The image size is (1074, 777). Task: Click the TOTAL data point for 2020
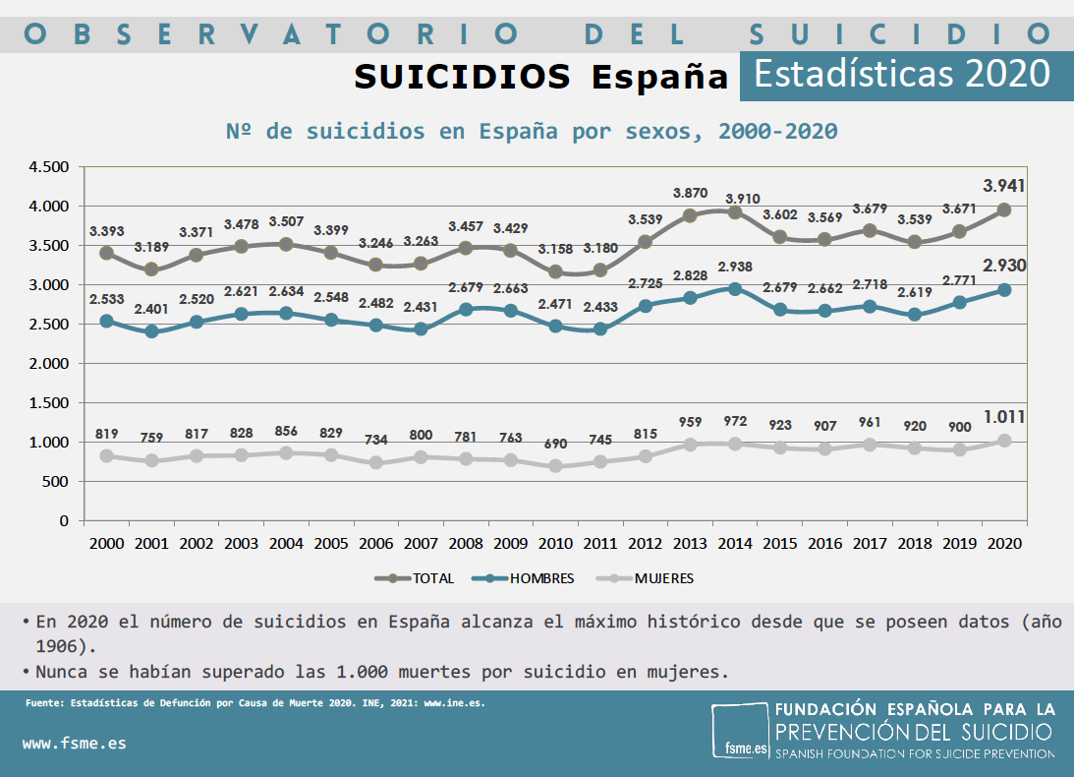pyautogui.click(x=1003, y=209)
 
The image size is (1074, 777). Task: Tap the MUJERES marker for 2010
pyautogui.click(x=556, y=465)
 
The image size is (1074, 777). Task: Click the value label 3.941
pyautogui.click(x=1002, y=186)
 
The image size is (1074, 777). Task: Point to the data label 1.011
pyautogui.click(x=1002, y=418)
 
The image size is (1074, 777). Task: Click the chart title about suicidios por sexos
pyautogui.click(x=532, y=131)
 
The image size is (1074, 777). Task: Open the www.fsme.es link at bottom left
pyautogui.click(x=74, y=744)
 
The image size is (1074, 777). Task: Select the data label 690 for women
pyautogui.click(x=556, y=444)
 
